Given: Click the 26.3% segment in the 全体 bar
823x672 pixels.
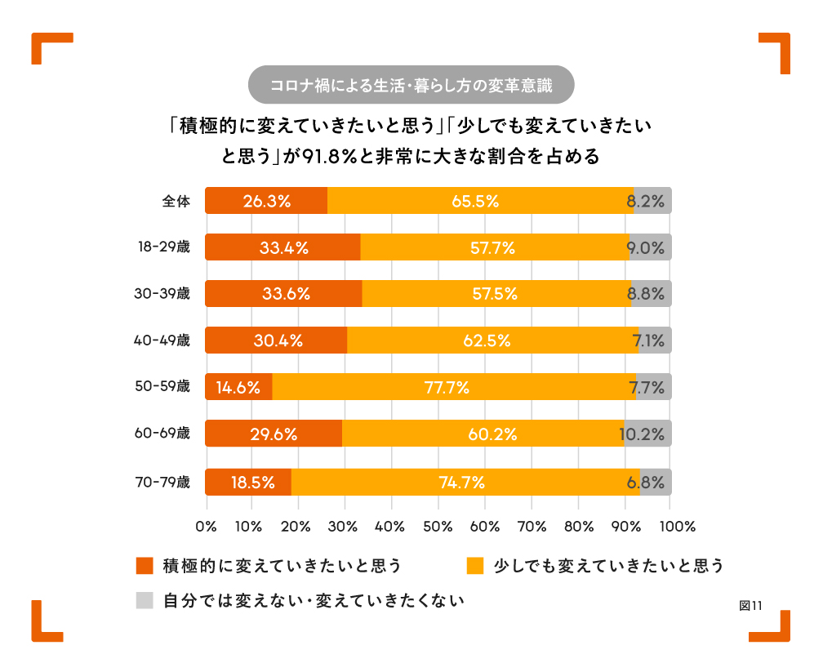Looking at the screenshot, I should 266,201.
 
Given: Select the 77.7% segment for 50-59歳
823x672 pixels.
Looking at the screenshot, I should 454,387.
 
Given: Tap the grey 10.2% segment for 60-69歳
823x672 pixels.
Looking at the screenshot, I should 647,434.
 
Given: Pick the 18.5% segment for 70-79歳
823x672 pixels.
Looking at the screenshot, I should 248,483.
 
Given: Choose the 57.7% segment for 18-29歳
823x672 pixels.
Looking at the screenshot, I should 495,247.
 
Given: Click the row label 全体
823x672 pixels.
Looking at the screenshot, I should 176,201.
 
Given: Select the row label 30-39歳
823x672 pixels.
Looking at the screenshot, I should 162,294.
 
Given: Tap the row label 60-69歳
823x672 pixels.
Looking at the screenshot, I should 162,434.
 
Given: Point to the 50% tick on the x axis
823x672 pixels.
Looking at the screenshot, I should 438,527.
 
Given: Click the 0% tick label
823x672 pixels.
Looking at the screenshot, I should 207,527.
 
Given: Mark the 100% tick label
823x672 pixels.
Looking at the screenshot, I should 670,527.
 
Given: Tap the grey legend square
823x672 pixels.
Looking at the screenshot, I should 145,601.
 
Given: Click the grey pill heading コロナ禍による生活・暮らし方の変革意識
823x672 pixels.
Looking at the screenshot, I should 411,85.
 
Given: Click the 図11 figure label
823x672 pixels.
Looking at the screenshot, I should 750,605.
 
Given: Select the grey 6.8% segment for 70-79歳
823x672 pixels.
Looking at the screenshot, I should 656,483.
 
